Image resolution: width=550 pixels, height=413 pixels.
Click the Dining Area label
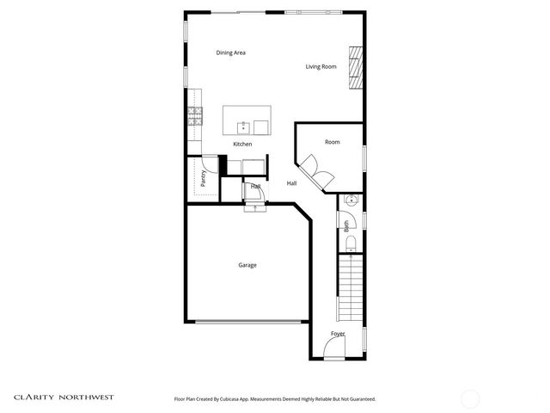click(x=231, y=53)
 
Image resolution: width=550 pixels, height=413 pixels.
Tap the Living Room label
click(x=321, y=66)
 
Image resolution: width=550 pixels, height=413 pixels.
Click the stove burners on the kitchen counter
click(x=197, y=116)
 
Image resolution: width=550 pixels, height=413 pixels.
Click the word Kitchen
click(x=242, y=144)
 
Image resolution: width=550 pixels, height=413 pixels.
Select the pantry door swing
click(x=210, y=163)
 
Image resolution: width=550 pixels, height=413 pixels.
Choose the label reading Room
click(x=333, y=142)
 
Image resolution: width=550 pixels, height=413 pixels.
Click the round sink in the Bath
click(x=350, y=201)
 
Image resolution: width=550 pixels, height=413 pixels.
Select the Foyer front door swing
click(x=333, y=348)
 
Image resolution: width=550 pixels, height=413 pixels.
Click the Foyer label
click(x=338, y=334)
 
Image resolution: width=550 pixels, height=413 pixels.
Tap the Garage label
click(x=247, y=265)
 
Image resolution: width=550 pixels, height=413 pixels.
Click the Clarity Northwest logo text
click(x=64, y=398)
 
